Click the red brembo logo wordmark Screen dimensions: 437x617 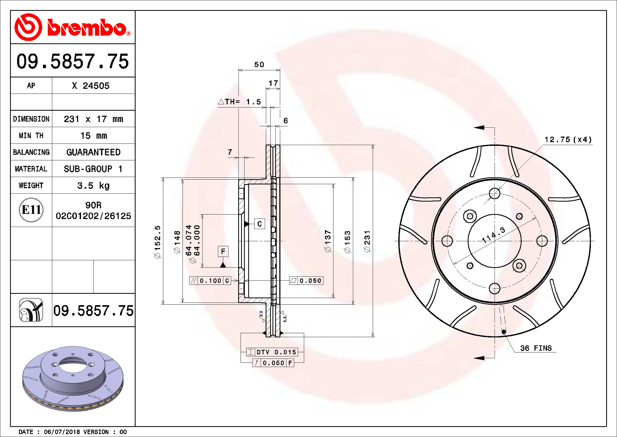87,28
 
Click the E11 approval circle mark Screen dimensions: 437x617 31,210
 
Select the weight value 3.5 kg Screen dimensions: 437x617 93,186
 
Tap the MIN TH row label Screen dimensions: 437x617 31,135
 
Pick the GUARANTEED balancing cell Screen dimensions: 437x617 93,152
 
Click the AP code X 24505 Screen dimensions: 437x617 91,86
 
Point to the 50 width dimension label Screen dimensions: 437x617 259,65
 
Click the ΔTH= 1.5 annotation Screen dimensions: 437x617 240,102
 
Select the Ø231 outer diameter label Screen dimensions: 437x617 367,241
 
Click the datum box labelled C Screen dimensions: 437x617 260,224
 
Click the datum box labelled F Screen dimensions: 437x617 223,251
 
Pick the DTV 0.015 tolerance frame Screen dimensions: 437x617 272,352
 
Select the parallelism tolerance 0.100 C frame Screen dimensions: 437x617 210,281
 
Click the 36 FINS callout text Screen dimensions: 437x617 536,348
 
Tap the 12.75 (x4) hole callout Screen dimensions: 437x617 568,140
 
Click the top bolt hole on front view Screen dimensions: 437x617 495,193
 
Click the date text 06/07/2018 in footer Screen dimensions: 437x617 62,432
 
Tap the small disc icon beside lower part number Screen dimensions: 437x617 31,310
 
